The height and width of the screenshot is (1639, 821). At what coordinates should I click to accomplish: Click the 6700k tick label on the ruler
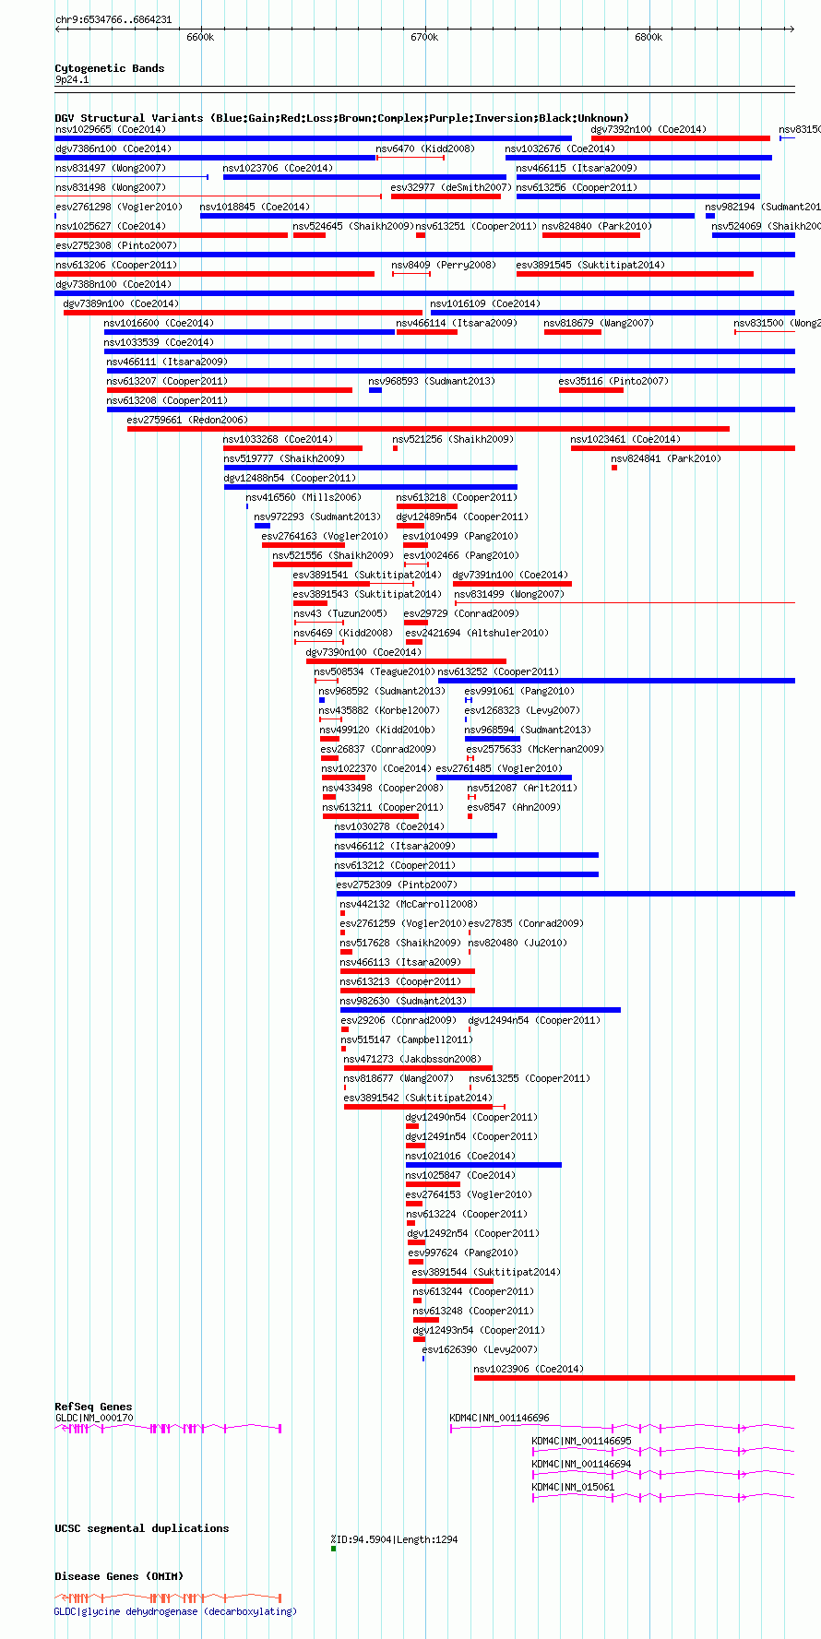[424, 37]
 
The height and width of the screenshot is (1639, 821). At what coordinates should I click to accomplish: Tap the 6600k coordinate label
[200, 37]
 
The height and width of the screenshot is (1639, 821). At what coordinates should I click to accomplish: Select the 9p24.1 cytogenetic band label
[72, 80]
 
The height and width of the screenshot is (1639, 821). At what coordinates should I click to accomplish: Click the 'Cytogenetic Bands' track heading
[110, 68]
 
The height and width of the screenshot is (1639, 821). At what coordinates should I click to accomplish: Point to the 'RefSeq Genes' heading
[93, 1407]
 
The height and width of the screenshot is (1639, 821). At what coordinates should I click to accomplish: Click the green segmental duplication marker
[333, 1549]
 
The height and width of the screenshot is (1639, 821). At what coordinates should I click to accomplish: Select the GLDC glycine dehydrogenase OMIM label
[175, 1611]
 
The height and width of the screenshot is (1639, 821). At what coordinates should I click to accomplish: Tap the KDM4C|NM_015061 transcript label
[573, 1487]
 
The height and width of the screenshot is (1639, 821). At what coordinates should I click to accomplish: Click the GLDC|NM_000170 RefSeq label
[94, 1419]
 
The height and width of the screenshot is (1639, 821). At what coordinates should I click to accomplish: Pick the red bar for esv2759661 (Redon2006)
[428, 429]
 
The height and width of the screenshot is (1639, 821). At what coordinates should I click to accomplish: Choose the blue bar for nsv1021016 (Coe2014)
[483, 1165]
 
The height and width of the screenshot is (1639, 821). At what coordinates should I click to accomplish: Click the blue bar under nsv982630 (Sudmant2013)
[481, 1010]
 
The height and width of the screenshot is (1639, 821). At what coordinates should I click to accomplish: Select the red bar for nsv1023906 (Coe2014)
[635, 1378]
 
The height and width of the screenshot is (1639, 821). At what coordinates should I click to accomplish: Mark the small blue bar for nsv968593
[375, 390]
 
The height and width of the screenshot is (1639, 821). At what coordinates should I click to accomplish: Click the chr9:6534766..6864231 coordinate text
[113, 19]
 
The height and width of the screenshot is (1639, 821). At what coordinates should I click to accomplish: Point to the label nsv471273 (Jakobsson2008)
[412, 1059]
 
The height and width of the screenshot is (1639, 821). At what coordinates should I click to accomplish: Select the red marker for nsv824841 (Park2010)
[614, 468]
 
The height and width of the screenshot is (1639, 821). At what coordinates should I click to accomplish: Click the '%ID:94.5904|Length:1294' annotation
[394, 1539]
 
